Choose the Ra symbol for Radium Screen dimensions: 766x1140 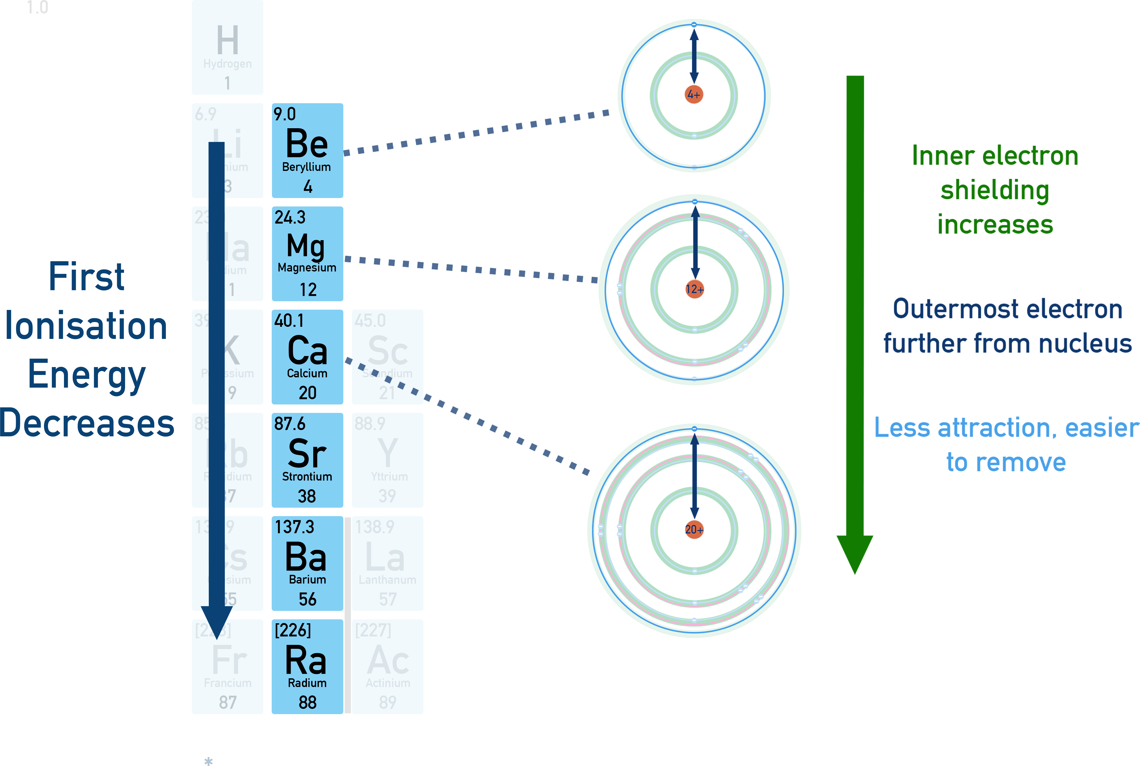[x=306, y=660]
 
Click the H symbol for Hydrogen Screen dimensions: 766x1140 [x=228, y=41]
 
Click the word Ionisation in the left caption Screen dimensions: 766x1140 [x=86, y=326]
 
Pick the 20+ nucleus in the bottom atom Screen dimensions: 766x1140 [x=694, y=530]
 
